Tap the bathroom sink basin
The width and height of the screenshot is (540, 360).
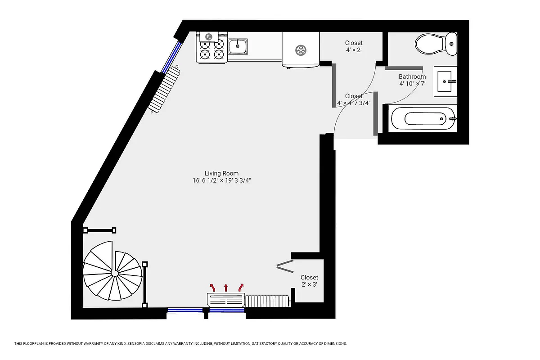click(x=445, y=81)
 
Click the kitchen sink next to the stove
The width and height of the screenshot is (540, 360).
click(x=238, y=45)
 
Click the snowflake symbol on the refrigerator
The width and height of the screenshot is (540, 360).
click(x=300, y=49)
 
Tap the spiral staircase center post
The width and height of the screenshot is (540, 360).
click(x=115, y=273)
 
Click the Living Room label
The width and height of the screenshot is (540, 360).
click(x=221, y=173)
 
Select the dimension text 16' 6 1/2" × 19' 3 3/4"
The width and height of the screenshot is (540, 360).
click(x=221, y=180)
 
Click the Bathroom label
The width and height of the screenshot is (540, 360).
click(x=412, y=76)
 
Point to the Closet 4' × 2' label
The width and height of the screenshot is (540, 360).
click(x=354, y=46)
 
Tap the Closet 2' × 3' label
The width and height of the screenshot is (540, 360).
click(x=309, y=281)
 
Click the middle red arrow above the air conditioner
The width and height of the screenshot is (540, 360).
click(x=226, y=287)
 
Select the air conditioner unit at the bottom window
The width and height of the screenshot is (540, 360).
click(x=226, y=300)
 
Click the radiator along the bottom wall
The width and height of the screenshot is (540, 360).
click(x=267, y=301)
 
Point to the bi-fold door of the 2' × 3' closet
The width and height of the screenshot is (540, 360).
click(x=284, y=266)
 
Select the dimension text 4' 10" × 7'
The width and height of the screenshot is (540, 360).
click(x=412, y=84)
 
